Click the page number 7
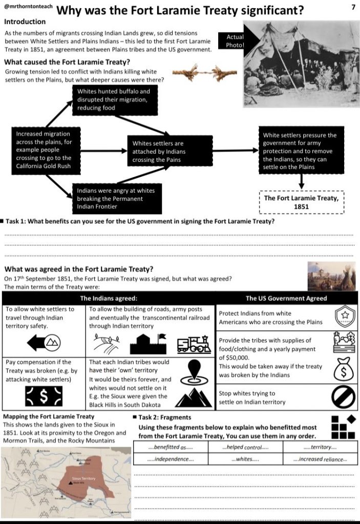pyautogui.click(x=353, y=7)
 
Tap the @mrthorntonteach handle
pyautogui.click(x=27, y=8)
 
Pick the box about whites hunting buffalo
pyautogui.click(x=113, y=99)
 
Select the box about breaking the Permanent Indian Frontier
pyautogui.click(x=113, y=199)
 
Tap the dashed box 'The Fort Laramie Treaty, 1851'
pyautogui.click(x=301, y=202)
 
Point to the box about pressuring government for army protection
pyautogui.click(x=301, y=151)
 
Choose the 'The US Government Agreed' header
pyautogui.click(x=286, y=298)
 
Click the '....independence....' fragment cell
pyautogui.click(x=171, y=459)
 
